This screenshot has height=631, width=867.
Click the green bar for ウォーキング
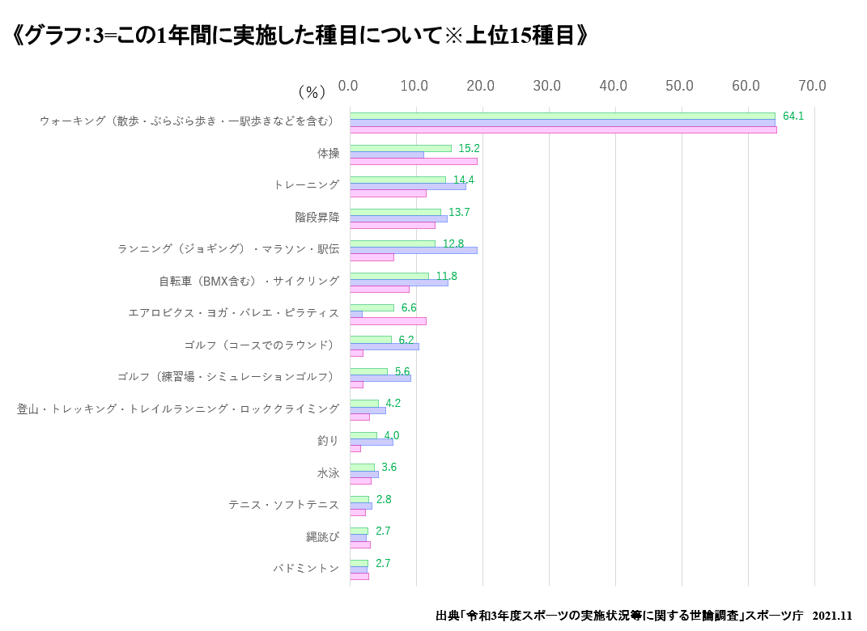(x=562, y=116)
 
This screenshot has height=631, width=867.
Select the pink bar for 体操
(x=413, y=161)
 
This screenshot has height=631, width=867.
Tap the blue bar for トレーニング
(x=407, y=186)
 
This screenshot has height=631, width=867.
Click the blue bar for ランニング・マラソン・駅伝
(x=413, y=250)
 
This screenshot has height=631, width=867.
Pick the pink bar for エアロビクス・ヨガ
(x=388, y=320)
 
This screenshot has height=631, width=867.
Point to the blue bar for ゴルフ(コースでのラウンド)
(x=384, y=346)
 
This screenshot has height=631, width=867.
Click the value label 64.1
(x=793, y=116)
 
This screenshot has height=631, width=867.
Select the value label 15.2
(x=470, y=148)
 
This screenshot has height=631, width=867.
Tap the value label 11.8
(x=446, y=276)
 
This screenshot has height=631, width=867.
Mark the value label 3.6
(x=389, y=467)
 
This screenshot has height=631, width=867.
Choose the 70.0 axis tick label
(x=812, y=86)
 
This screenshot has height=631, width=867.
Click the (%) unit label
(x=312, y=91)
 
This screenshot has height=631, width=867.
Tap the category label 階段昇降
(x=317, y=217)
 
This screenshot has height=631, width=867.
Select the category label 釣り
(x=328, y=441)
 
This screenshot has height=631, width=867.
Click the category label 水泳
(x=328, y=472)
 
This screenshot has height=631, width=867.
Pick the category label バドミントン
(x=306, y=568)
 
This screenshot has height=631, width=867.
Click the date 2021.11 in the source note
(x=832, y=616)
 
